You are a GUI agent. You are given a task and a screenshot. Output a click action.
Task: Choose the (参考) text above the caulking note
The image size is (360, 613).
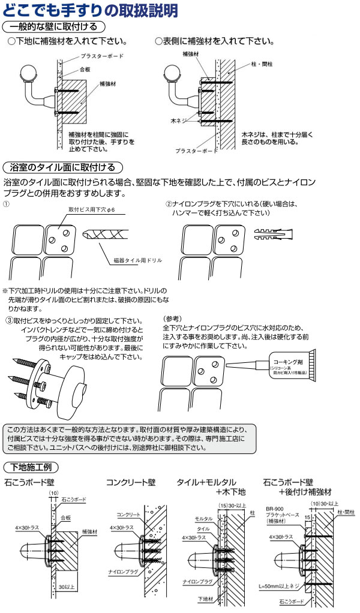tap(172, 318)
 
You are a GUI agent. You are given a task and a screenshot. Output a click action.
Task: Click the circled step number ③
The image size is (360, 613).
tap(9, 321)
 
